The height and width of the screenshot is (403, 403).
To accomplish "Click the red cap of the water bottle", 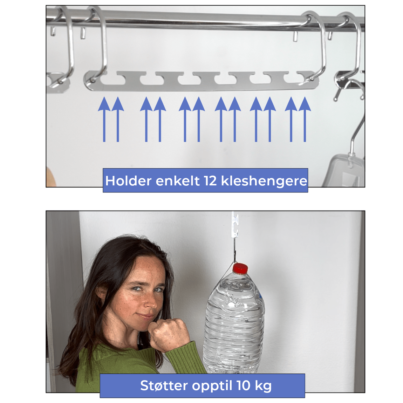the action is coord(240,268).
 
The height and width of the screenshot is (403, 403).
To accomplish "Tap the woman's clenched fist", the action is coord(169,334).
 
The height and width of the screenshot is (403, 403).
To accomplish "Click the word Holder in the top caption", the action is coord(129,181).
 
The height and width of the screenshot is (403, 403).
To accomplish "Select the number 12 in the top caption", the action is coord(210,181).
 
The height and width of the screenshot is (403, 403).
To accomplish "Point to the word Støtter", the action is coord(164,385).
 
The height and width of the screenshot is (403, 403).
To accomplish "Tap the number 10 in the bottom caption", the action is coord(244,385).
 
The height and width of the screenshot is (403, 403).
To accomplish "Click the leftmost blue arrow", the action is coord(104,119).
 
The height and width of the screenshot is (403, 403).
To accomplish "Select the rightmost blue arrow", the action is coord(305,119).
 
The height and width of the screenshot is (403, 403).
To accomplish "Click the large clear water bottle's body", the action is coord(234,324).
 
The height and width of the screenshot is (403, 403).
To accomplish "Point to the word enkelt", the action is coord(178,181).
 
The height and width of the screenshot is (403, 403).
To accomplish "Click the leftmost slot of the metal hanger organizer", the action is coord(112,80).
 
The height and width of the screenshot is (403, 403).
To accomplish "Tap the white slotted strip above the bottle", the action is coord(235,224).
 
